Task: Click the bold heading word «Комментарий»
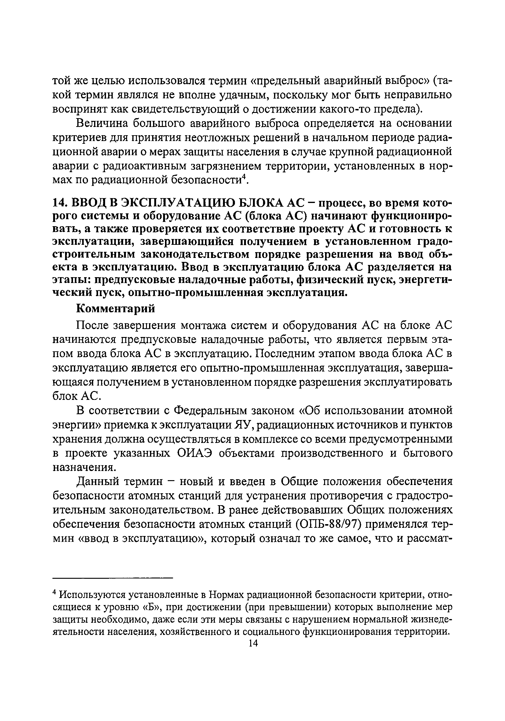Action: [x=116, y=309]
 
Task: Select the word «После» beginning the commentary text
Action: [x=92, y=326]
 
